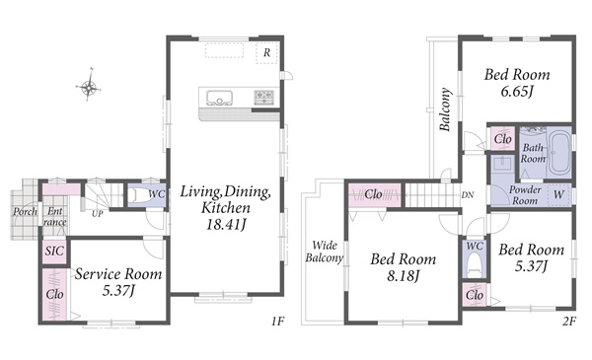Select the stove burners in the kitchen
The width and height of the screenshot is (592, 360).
pos(263,97)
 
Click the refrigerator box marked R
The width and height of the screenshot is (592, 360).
pos(267,53)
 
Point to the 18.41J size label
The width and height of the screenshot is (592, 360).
pos(226,225)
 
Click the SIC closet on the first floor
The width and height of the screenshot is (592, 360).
pos(54,251)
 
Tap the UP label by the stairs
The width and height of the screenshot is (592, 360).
pos(98,214)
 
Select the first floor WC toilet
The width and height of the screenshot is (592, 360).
pos(135,195)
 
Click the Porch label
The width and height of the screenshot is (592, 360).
pos(26,211)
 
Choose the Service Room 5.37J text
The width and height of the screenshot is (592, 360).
pos(118,281)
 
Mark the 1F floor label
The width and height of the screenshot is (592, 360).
pos(277,322)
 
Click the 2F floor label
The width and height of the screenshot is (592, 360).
pos(569,322)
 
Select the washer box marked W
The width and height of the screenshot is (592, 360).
pos(558,195)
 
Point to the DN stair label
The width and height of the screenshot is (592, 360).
pos(468,195)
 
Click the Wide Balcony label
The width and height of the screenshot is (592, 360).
pos(325,252)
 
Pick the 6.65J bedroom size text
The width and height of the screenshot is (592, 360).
pos(516,92)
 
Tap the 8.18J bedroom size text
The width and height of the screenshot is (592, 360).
pos(404,276)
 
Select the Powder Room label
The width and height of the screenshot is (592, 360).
pos(525,195)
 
